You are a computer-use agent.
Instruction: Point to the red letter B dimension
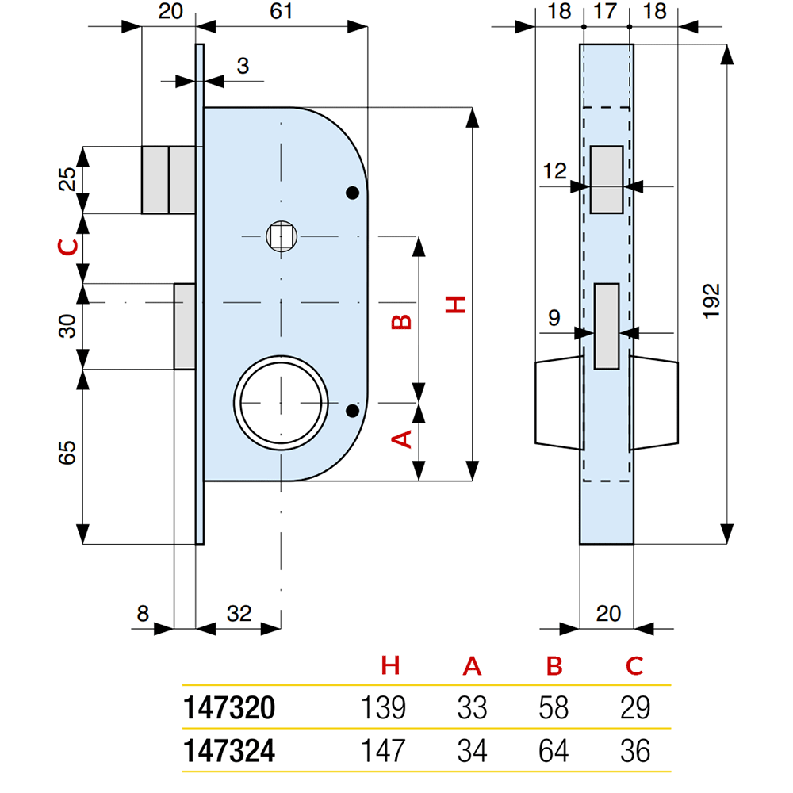click(x=402, y=322)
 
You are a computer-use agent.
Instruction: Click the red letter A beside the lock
click(x=402, y=439)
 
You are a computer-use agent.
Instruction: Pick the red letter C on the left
click(x=69, y=248)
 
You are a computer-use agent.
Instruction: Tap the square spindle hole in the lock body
click(x=280, y=236)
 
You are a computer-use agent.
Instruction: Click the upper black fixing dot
click(x=352, y=193)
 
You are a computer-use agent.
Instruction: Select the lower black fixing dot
click(x=352, y=410)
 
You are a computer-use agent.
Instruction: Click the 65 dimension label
click(x=69, y=454)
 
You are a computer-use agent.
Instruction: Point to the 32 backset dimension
click(x=239, y=613)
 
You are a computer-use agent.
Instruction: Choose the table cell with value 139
click(x=384, y=707)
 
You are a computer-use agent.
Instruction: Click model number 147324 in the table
click(x=229, y=750)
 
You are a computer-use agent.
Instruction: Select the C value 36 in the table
click(x=634, y=750)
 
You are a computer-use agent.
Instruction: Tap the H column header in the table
click(x=389, y=666)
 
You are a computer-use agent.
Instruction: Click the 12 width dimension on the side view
click(x=554, y=170)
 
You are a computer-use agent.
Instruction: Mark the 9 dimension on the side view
click(x=554, y=318)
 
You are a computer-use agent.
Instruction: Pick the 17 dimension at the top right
click(x=606, y=12)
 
